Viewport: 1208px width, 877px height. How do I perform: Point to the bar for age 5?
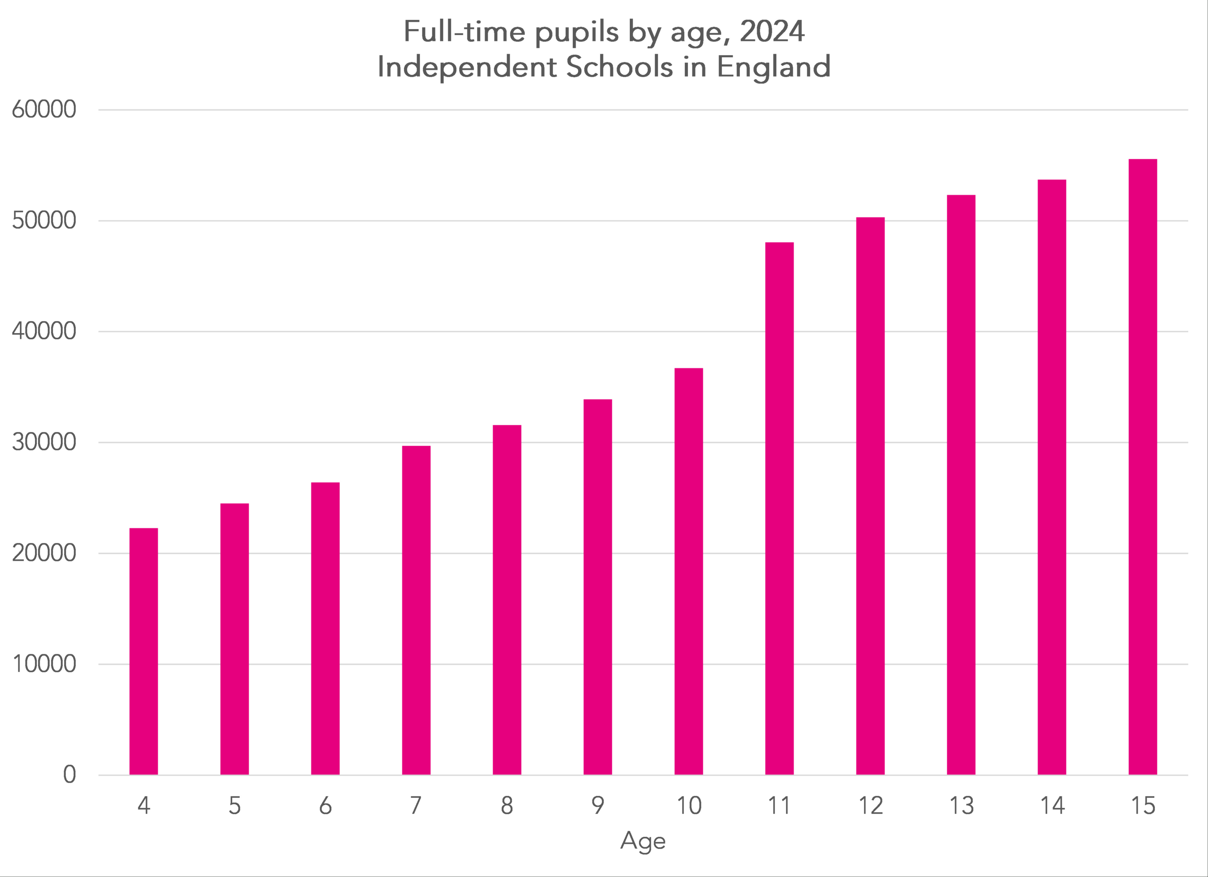point(235,638)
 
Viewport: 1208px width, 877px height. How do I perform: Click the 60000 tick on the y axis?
point(44,110)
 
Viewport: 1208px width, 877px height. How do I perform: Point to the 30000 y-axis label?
point(44,442)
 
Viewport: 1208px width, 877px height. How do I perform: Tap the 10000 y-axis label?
point(44,664)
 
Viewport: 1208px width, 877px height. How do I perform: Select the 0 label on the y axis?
point(69,775)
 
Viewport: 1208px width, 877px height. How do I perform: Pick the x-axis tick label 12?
point(870,806)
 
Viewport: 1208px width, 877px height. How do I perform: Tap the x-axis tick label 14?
point(1052,806)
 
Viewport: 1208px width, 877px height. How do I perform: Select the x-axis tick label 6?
point(325,806)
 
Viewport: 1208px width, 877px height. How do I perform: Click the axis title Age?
point(643,841)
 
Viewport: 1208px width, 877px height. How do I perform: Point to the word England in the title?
point(773,67)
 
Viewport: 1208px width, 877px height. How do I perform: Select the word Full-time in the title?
point(464,32)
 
